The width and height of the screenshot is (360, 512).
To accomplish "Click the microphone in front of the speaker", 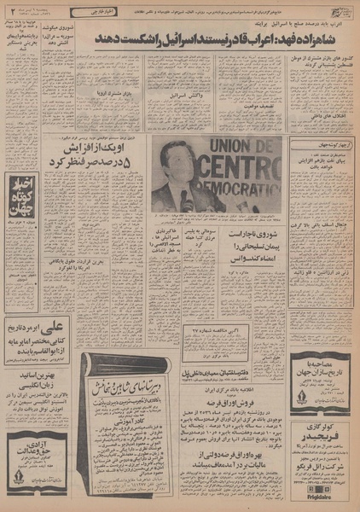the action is point(183,198).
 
